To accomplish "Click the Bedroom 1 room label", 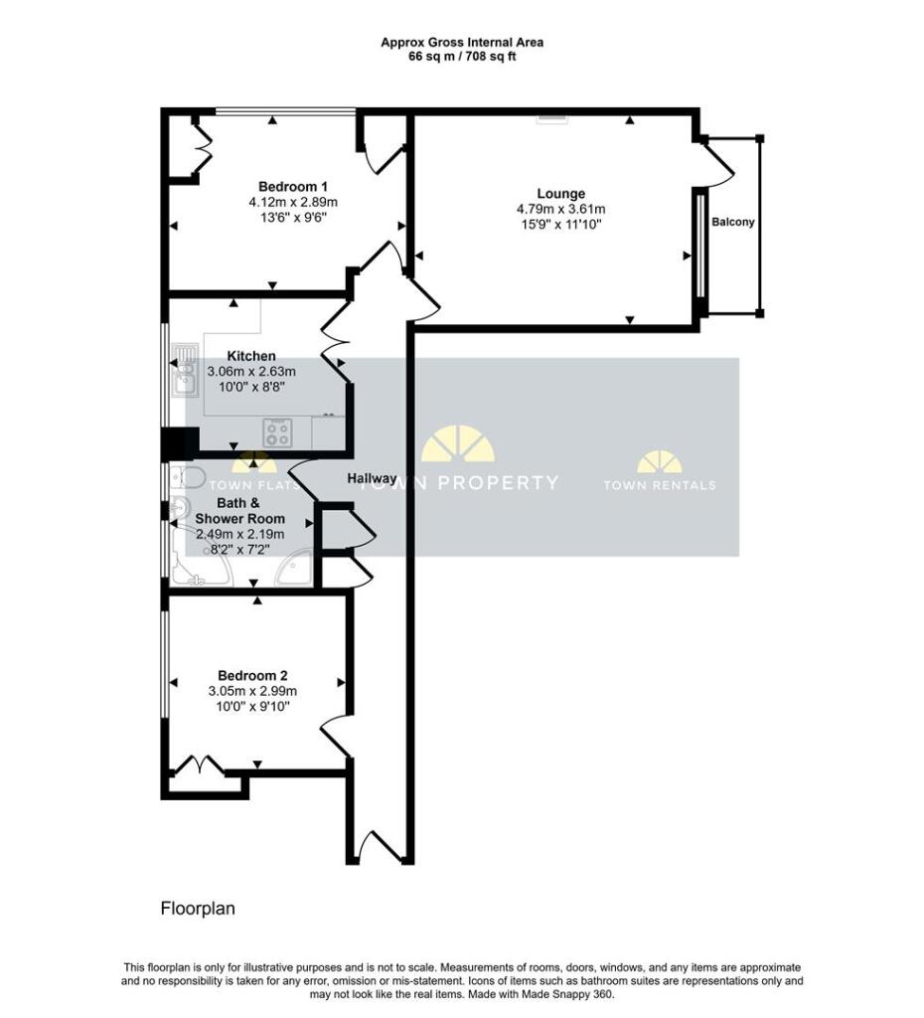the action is (x=293, y=186).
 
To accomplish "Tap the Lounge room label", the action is (x=561, y=194).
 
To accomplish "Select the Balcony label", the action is (x=733, y=222).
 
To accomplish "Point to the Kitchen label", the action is (x=251, y=356).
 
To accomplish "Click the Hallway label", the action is (x=372, y=478).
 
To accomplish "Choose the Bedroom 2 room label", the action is (x=252, y=675).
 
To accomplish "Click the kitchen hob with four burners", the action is (x=278, y=433).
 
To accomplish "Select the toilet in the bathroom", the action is (x=188, y=477).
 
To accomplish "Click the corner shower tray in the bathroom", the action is (x=296, y=570).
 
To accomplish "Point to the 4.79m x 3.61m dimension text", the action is (x=560, y=209).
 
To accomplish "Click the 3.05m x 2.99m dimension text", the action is (x=252, y=692).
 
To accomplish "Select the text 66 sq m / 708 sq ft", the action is (x=462, y=57).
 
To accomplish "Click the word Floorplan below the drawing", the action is (x=198, y=909).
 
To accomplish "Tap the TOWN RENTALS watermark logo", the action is (x=660, y=470).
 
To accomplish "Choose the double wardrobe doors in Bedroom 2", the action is (x=199, y=764).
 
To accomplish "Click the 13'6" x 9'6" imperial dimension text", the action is (x=293, y=218).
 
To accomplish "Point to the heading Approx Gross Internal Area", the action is (x=462, y=42).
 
